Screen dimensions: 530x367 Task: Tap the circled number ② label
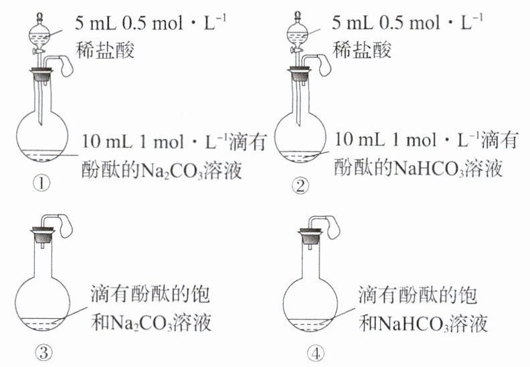pyautogui.click(x=302, y=187)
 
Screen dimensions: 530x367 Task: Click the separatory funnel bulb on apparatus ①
pyautogui.click(x=41, y=30)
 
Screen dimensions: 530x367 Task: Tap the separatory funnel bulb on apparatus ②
pyautogui.click(x=300, y=30)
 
